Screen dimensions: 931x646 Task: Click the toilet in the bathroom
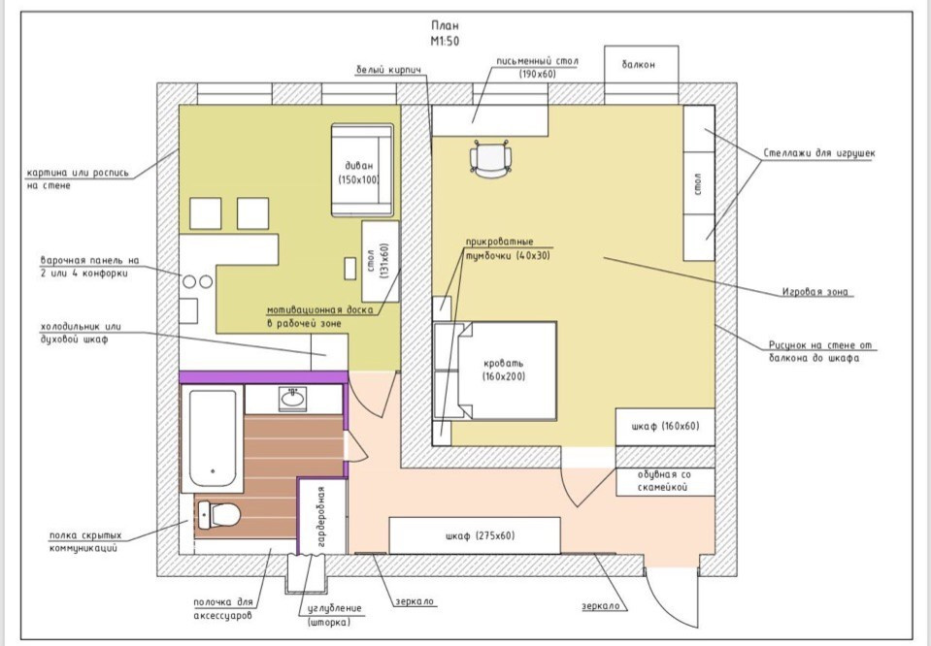(219, 514)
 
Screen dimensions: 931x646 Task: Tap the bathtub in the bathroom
(212, 438)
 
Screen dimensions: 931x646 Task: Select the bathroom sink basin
(293, 399)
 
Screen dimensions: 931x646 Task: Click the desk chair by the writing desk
(490, 159)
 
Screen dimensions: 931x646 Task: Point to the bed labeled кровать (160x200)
(495, 371)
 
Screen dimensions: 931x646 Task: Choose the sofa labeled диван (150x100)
(362, 171)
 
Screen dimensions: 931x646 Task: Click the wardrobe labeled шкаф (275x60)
(475, 535)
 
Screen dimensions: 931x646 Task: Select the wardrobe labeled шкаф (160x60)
(665, 427)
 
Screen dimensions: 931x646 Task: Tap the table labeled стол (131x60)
(380, 261)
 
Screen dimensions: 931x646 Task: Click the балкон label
(638, 64)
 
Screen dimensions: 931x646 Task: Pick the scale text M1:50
(445, 41)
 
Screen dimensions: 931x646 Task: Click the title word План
(445, 25)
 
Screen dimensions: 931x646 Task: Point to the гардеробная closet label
(321, 516)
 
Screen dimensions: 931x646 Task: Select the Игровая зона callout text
(815, 292)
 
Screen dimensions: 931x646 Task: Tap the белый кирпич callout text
(388, 70)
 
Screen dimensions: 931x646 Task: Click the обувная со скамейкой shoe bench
(665, 482)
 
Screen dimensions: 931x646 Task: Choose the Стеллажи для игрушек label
(818, 153)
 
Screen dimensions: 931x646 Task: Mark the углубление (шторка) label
(334, 615)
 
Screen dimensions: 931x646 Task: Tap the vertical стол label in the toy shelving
(698, 183)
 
